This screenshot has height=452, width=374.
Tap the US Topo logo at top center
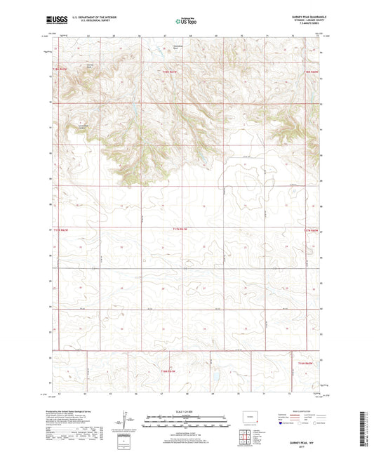186,22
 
